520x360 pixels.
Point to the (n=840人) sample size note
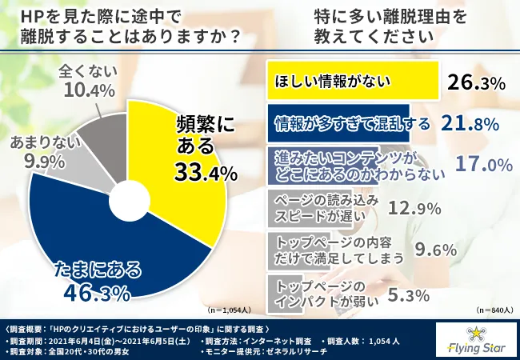490,309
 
